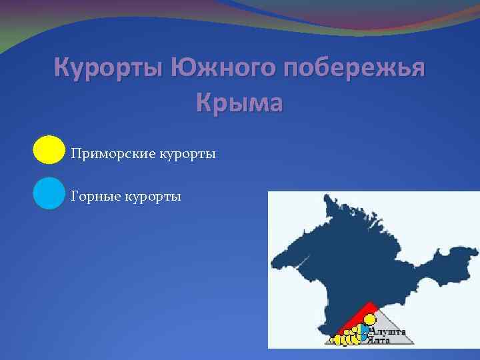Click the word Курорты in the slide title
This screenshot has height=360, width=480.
[x=107, y=69]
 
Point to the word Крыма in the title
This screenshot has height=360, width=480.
[x=240, y=103]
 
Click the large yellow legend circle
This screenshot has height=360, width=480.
[x=49, y=151]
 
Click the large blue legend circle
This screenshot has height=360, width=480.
[x=49, y=193]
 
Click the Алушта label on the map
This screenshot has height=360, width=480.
[x=388, y=331]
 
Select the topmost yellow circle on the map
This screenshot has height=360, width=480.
[x=369, y=319]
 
